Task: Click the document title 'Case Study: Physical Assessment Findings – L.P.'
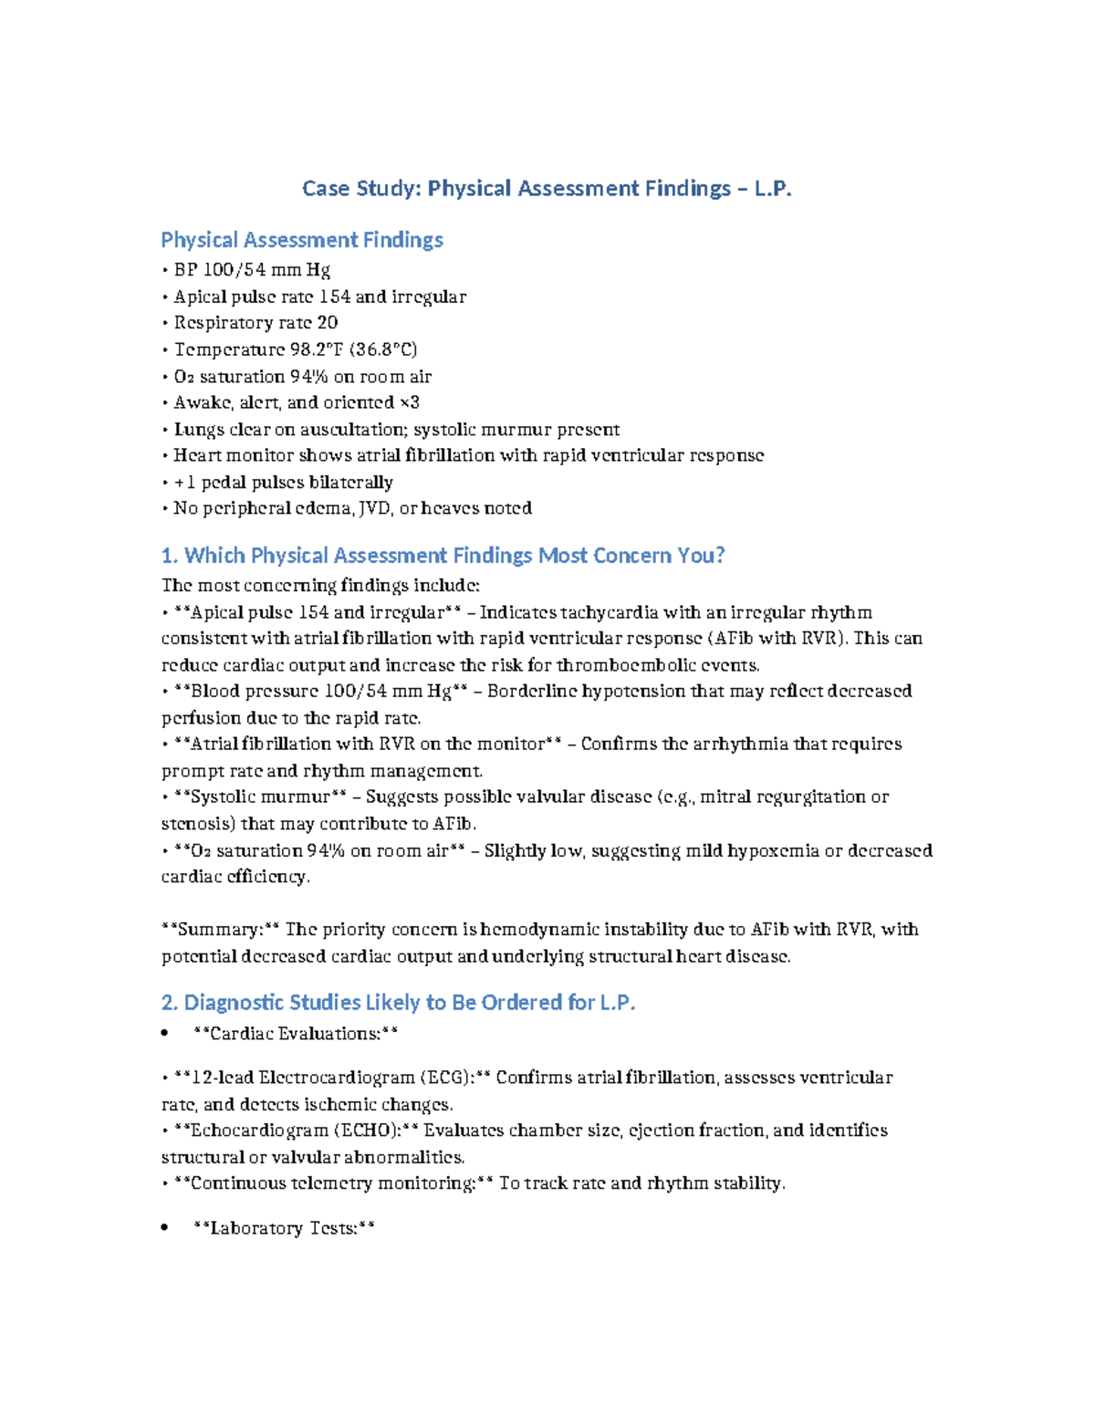547,189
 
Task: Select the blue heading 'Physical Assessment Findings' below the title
302,240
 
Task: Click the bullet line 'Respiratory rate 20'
255,323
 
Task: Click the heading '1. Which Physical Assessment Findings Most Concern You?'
443,556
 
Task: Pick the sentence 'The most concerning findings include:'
320,586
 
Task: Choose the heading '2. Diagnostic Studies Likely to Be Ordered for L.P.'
398,1003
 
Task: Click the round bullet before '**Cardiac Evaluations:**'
164,1034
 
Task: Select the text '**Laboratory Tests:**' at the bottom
284,1229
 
